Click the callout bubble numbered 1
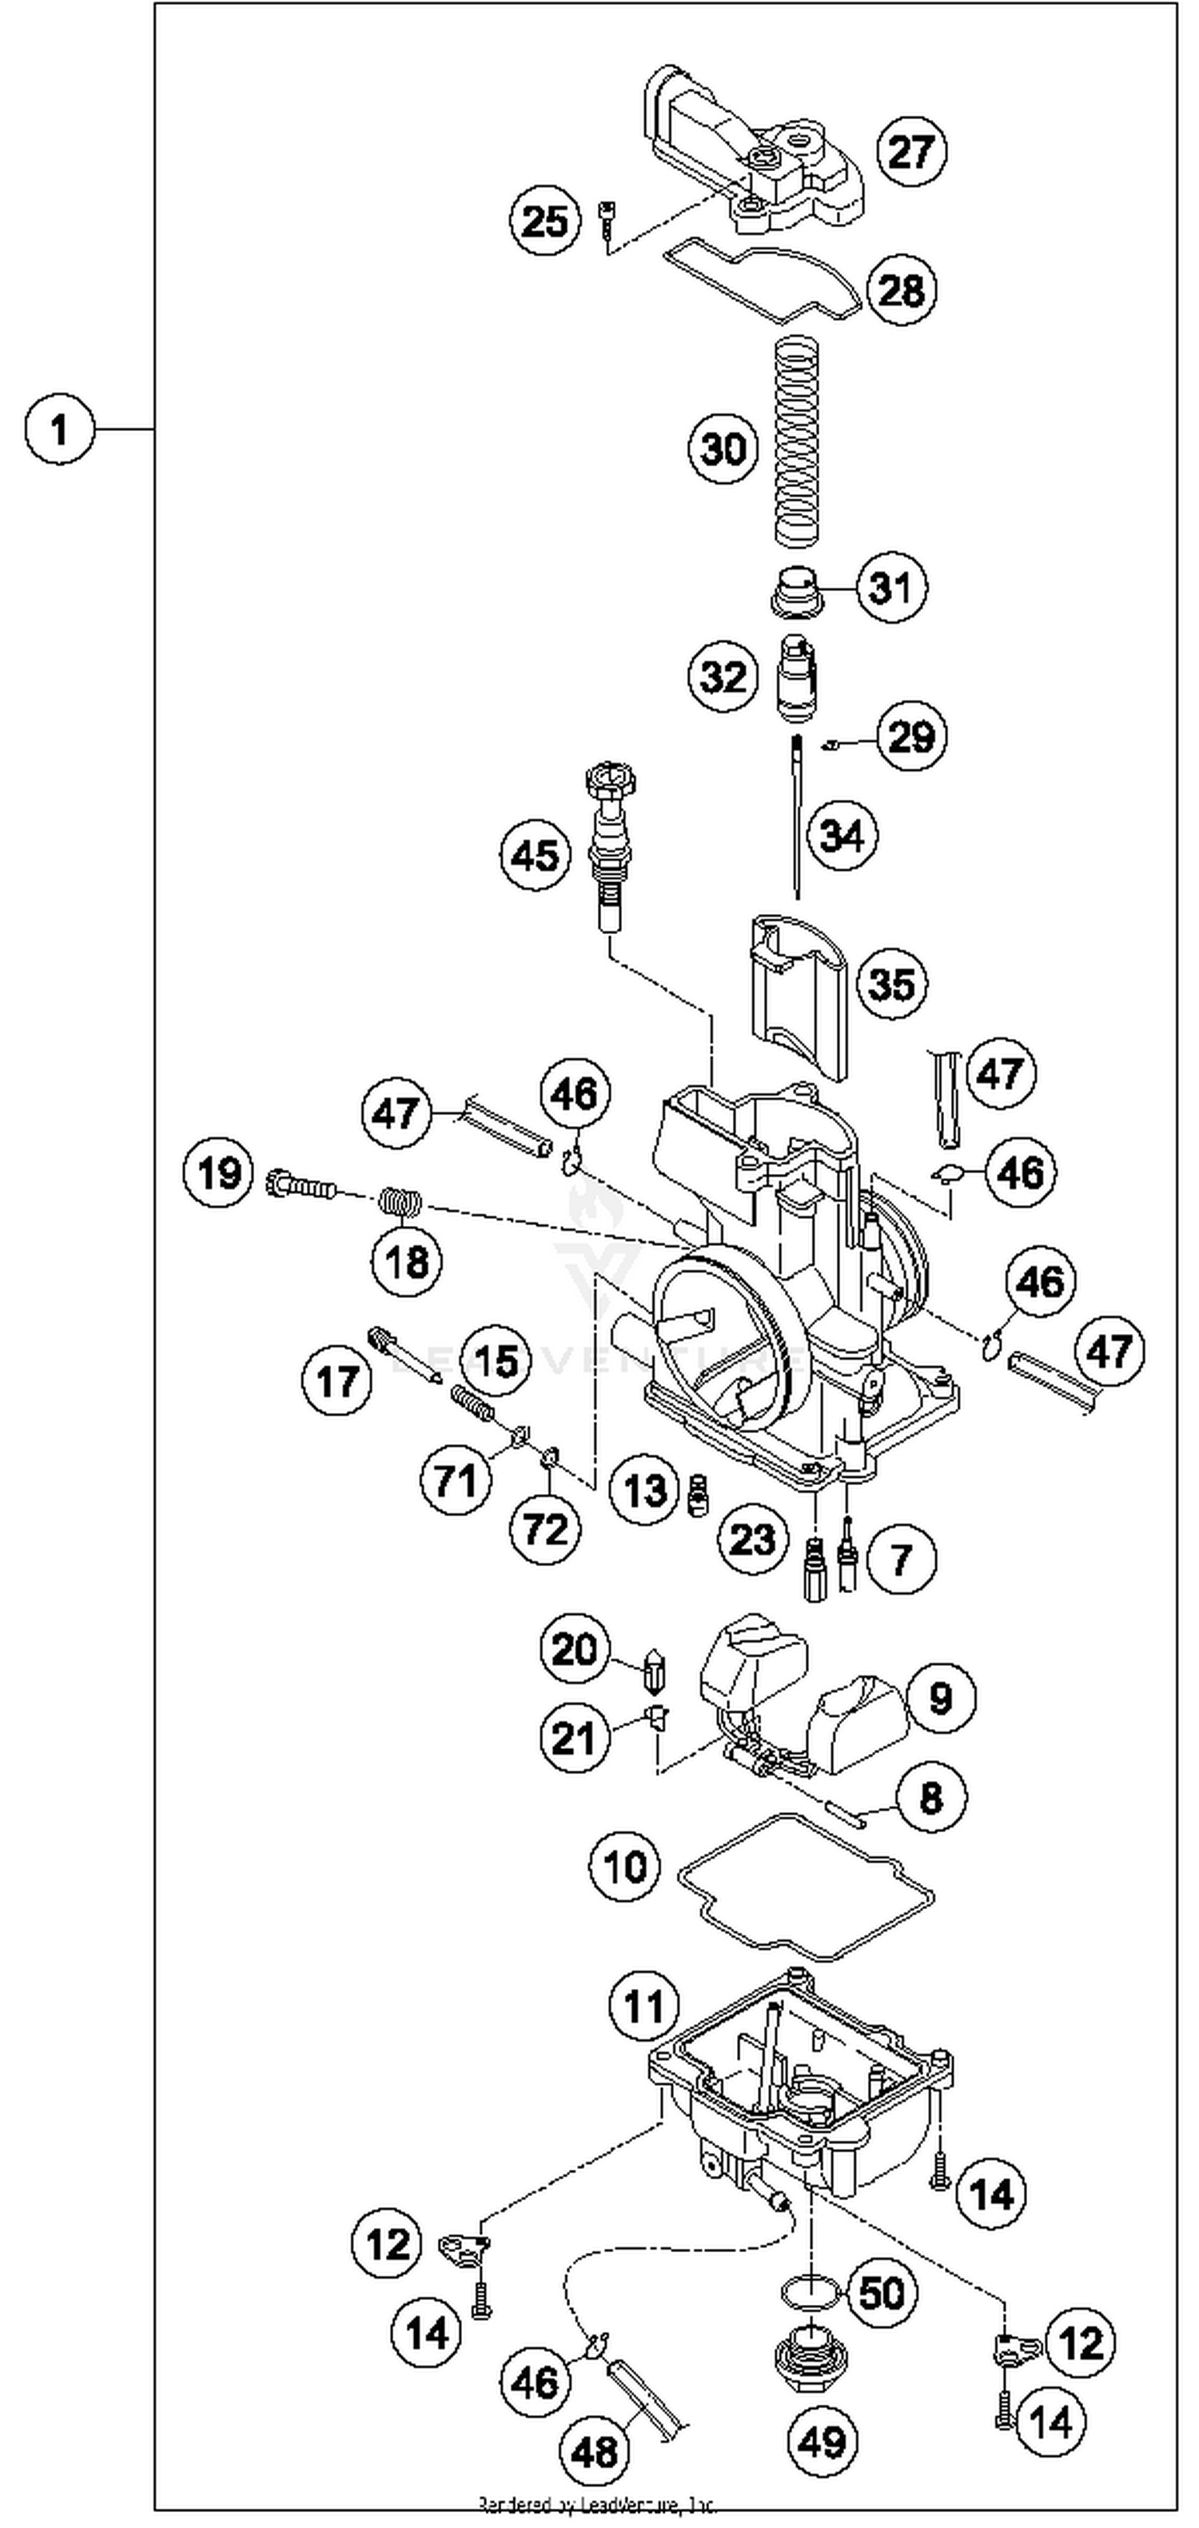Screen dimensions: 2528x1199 coord(59,429)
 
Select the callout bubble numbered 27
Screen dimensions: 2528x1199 coord(910,152)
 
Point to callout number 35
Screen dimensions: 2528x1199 coord(891,984)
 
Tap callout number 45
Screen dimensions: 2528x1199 coord(535,855)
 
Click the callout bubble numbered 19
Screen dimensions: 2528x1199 coord(218,1172)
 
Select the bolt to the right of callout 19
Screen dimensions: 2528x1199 coord(299,1187)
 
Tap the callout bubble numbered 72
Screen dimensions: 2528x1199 coord(544,1528)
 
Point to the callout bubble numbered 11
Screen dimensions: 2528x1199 coord(643,2007)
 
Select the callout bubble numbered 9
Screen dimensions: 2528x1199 coord(940,1697)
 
